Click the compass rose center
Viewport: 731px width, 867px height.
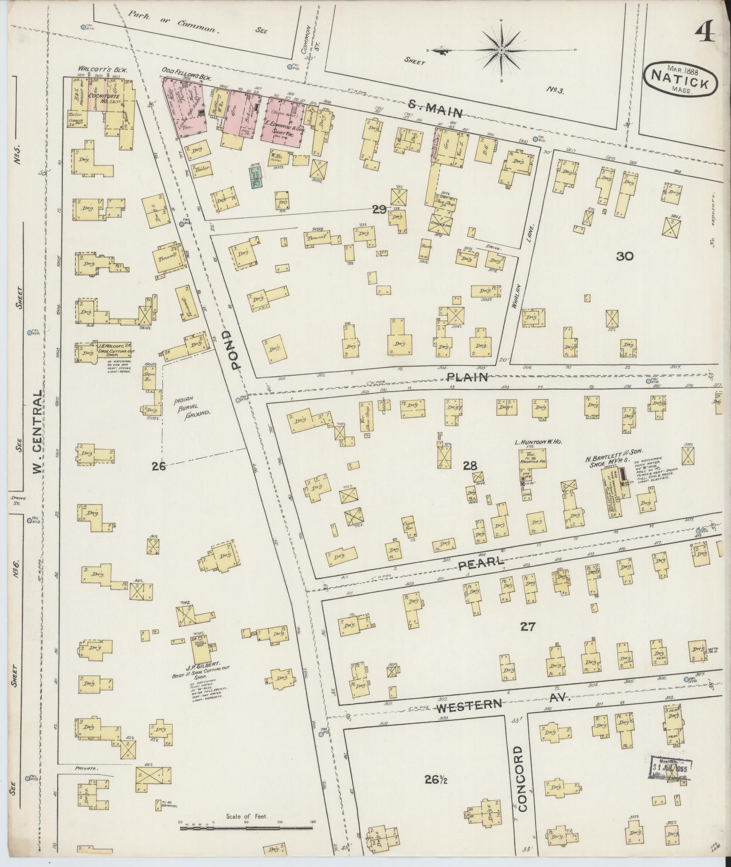[x=502, y=50]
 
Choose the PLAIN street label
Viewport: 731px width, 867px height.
[x=467, y=377]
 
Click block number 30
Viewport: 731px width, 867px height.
[x=624, y=257]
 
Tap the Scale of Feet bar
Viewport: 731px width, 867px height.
[x=247, y=828]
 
